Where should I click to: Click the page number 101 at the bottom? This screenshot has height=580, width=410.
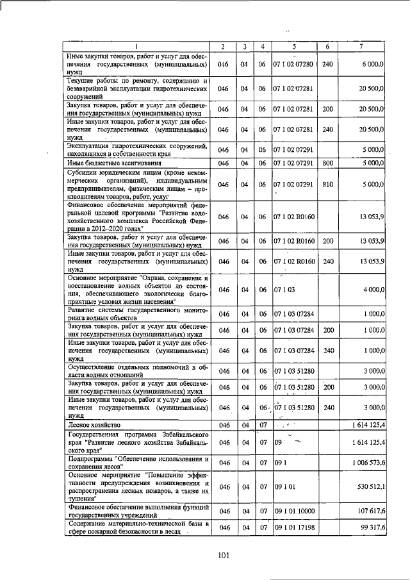(224, 555)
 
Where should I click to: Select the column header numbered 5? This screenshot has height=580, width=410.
(293, 47)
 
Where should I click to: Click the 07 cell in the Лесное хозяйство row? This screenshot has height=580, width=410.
(262, 425)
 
